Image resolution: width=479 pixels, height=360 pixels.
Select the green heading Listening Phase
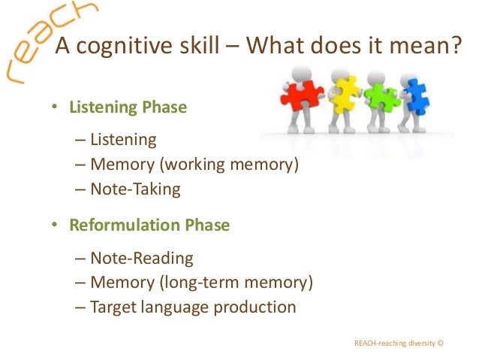click(x=128, y=107)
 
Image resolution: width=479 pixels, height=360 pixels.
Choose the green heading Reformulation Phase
click(x=149, y=225)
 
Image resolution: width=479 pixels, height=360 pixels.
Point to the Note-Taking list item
click(x=135, y=189)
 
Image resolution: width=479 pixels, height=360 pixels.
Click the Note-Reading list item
click(x=141, y=259)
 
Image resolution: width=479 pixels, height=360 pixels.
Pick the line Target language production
click(x=192, y=307)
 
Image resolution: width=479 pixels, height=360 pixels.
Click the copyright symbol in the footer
click(x=440, y=343)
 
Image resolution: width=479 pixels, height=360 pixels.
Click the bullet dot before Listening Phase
click(x=54, y=108)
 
